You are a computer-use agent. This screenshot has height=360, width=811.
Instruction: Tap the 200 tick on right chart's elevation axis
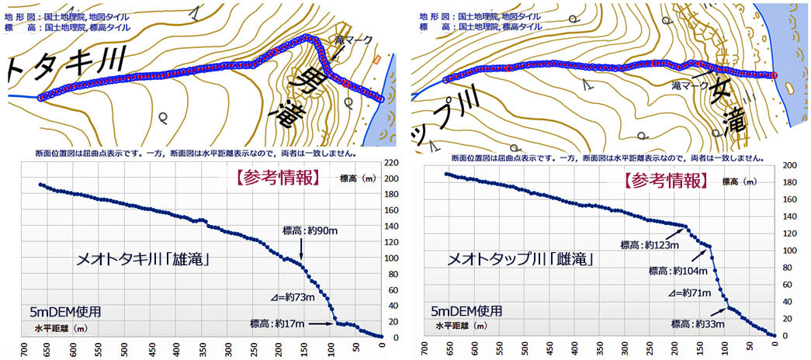coord(789,166)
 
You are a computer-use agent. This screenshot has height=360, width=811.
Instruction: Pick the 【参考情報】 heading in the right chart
coord(664,180)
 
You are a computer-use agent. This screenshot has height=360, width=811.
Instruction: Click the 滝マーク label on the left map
coord(348,38)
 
